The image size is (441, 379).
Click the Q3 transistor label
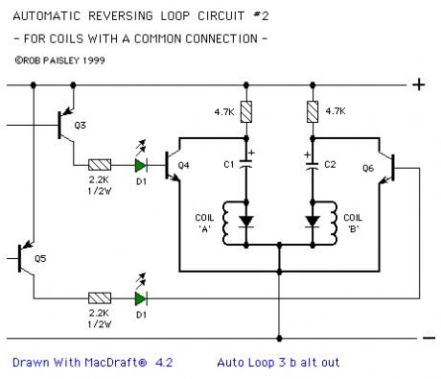(80, 126)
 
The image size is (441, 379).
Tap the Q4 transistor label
(184, 165)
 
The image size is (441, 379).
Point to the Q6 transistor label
(367, 165)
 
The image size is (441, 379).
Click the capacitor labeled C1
(247, 165)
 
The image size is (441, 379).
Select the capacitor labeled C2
(312, 165)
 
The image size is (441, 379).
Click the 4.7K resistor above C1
(247, 112)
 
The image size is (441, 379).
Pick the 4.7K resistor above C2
(312, 112)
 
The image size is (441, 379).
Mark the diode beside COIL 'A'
(247, 223)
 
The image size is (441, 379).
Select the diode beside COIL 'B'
(312, 223)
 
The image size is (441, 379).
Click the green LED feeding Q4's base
(141, 165)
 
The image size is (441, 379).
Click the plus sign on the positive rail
(418, 84)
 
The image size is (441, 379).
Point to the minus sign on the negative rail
(429, 337)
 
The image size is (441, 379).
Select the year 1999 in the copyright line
(90, 59)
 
